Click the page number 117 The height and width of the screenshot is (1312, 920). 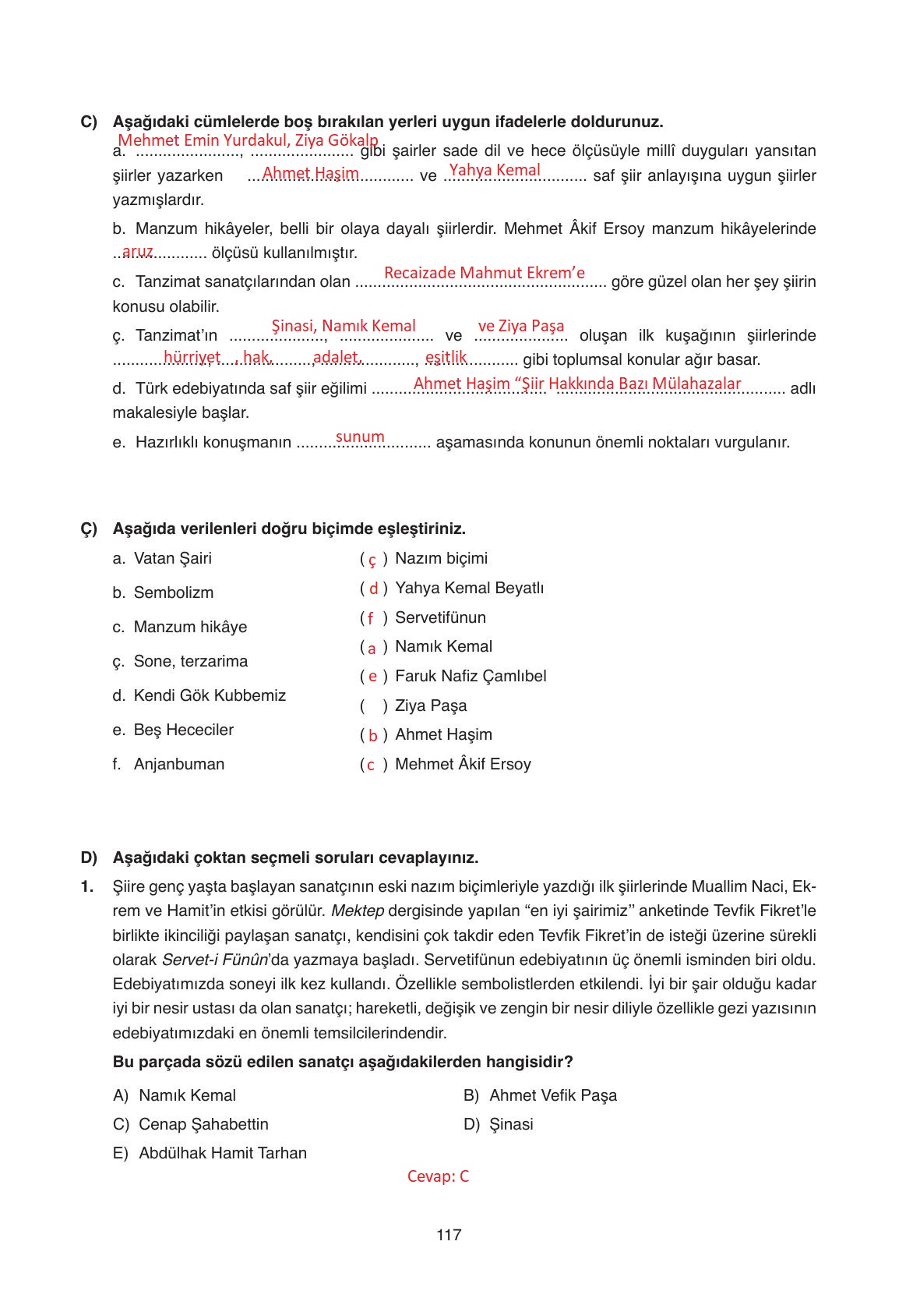pyautogui.click(x=449, y=1235)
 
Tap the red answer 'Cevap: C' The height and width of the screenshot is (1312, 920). pyautogui.click(x=438, y=1176)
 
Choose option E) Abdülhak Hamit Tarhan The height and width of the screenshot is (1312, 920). pyautogui.click(x=210, y=1153)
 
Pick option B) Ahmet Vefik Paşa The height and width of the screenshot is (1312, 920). pyautogui.click(x=540, y=1095)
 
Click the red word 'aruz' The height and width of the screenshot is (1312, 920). pyautogui.click(x=137, y=251)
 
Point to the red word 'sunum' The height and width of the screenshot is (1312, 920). pyautogui.click(x=360, y=437)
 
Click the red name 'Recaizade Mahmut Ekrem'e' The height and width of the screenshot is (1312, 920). pyautogui.click(x=484, y=273)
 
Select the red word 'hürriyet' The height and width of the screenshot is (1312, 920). pyautogui.click(x=192, y=357)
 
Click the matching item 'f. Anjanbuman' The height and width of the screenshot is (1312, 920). pyautogui.click(x=168, y=764)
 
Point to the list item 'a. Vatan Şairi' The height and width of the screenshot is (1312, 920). pyautogui.click(x=162, y=558)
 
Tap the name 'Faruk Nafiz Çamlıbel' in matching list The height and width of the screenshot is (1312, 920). pyautogui.click(x=471, y=676)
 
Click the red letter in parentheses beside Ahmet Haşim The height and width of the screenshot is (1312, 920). pyautogui.click(x=373, y=736)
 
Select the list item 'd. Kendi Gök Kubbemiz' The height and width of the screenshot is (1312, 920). pyautogui.click(x=199, y=695)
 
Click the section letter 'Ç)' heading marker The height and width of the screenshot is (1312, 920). pyautogui.click(x=89, y=529)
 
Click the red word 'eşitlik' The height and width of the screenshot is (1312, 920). pyautogui.click(x=446, y=357)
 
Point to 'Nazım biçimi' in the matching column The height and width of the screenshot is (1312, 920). pyautogui.click(x=441, y=558)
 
